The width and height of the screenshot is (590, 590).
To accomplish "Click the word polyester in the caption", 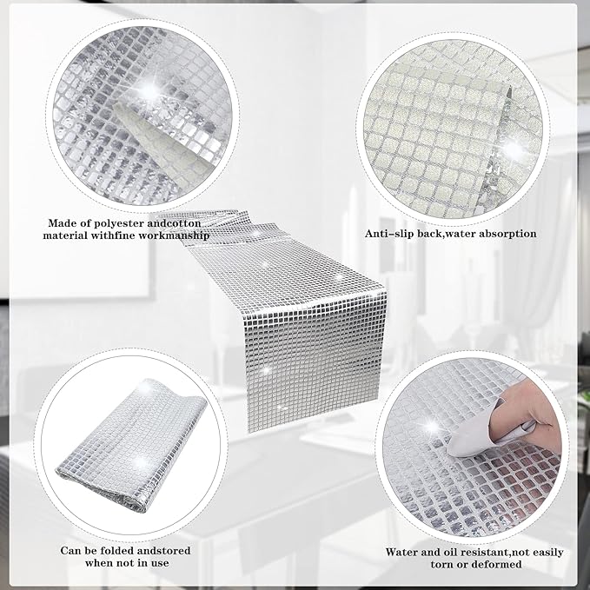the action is (117, 223).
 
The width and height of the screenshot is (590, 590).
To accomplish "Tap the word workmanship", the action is (175, 236).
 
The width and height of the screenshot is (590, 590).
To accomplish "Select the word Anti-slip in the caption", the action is (385, 234).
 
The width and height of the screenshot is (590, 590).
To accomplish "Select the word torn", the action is (441, 565).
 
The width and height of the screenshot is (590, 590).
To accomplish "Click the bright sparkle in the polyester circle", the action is (149, 89).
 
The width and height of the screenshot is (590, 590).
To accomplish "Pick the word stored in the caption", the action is (172, 551).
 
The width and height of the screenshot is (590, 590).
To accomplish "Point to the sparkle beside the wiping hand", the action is (432, 427).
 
